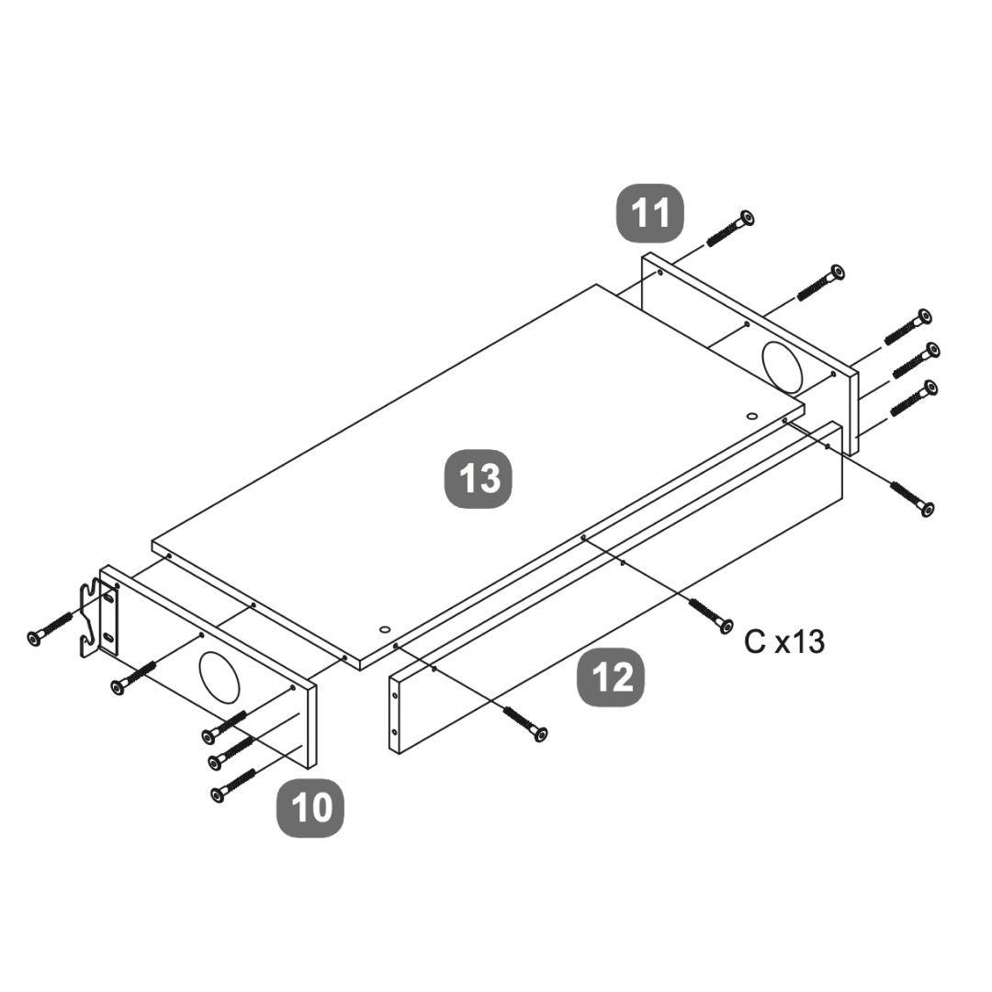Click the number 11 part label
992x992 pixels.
pyautogui.click(x=650, y=212)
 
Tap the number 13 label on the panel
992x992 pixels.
pyautogui.click(x=479, y=479)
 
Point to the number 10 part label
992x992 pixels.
pyautogui.click(x=310, y=808)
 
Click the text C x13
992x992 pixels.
pyautogui.click(x=784, y=642)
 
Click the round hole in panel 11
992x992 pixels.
pyautogui.click(x=782, y=366)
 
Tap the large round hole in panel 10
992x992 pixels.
pyautogui.click(x=220, y=676)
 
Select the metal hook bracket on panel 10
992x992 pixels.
pyautogui.click(x=98, y=617)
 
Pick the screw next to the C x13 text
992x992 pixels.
pyautogui.click(x=710, y=614)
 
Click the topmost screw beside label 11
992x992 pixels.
pyautogui.click(x=730, y=229)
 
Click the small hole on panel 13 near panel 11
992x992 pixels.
pyautogui.click(x=751, y=416)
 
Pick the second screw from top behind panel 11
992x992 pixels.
pyautogui.click(x=820, y=283)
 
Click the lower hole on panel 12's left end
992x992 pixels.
pyautogui.click(x=394, y=732)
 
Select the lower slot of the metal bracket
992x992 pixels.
pyautogui.click(x=108, y=637)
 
